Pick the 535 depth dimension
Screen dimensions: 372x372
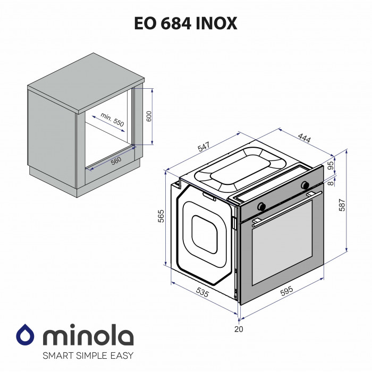point(202,292)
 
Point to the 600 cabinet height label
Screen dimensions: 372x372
point(149,116)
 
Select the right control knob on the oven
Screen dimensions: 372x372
point(305,185)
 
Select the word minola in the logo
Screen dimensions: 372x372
point(88,337)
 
